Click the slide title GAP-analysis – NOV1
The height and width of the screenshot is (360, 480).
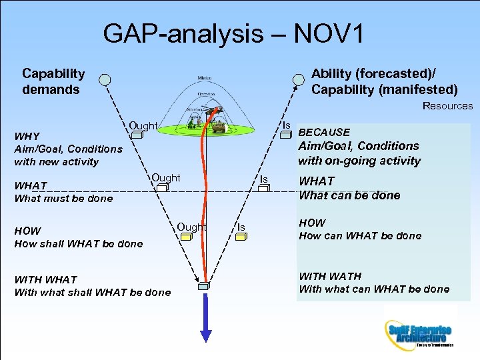click(233, 34)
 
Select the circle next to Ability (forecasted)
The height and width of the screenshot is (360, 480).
click(297, 81)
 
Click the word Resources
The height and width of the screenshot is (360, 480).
click(447, 106)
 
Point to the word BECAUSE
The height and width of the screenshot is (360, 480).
click(324, 132)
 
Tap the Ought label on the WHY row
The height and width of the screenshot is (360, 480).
click(143, 125)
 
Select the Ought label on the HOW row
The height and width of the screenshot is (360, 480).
click(192, 227)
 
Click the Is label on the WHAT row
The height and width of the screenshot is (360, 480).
click(264, 179)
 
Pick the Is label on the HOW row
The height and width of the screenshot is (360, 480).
click(241, 227)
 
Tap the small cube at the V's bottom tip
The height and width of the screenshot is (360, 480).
click(204, 287)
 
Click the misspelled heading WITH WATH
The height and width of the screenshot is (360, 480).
click(330, 276)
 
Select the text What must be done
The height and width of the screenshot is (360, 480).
click(63, 199)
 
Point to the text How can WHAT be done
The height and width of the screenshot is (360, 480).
click(360, 235)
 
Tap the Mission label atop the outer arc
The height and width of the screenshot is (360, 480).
click(205, 79)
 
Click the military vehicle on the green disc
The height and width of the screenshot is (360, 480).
click(219, 126)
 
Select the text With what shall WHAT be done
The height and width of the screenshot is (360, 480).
click(92, 292)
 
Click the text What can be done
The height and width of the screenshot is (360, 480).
click(349, 195)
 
